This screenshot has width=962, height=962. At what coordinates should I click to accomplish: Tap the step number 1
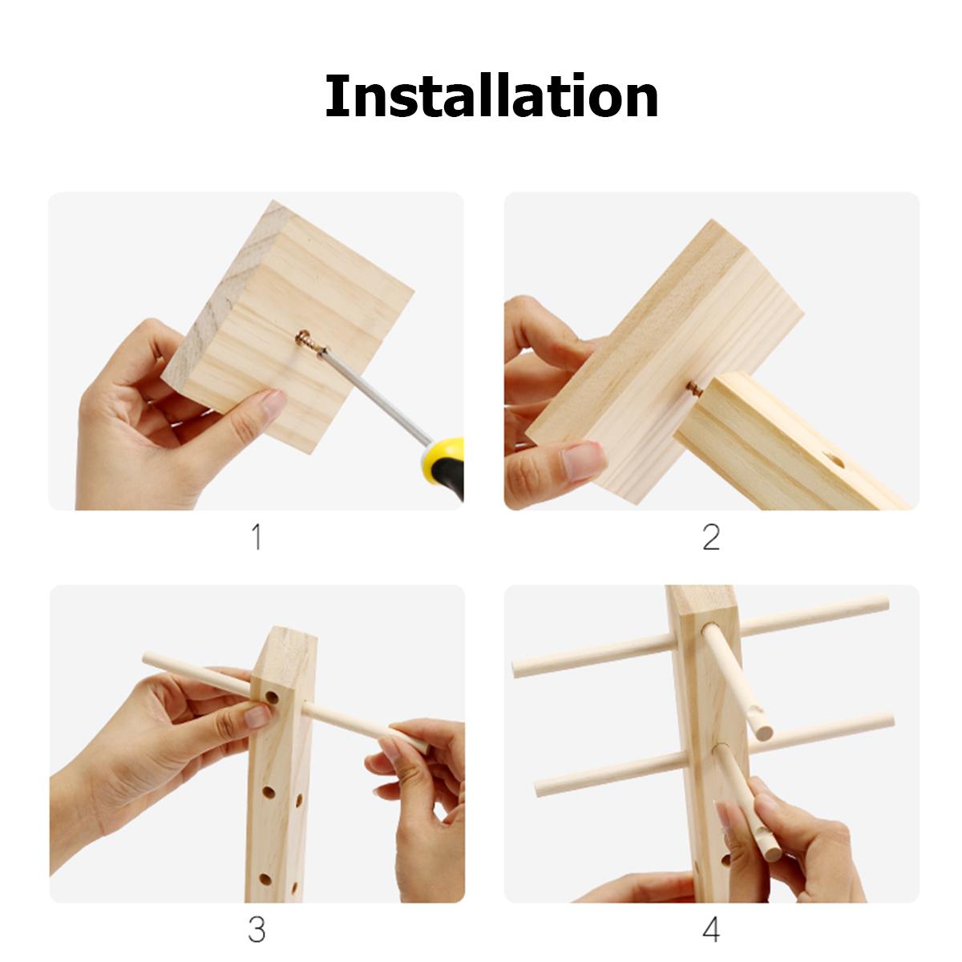click(257, 537)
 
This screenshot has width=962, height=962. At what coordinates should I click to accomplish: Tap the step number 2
click(711, 537)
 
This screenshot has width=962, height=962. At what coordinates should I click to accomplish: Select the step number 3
click(257, 916)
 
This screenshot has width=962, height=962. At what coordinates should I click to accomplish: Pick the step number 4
click(711, 916)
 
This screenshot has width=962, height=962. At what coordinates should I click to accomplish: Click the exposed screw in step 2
click(693, 387)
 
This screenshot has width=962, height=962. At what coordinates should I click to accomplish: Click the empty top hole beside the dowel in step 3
click(272, 697)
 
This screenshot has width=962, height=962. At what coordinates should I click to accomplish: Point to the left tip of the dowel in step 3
click(146, 657)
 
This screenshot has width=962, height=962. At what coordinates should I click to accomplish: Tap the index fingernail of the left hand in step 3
click(257, 717)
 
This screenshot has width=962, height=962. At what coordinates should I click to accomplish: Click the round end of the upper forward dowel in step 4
click(764, 733)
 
